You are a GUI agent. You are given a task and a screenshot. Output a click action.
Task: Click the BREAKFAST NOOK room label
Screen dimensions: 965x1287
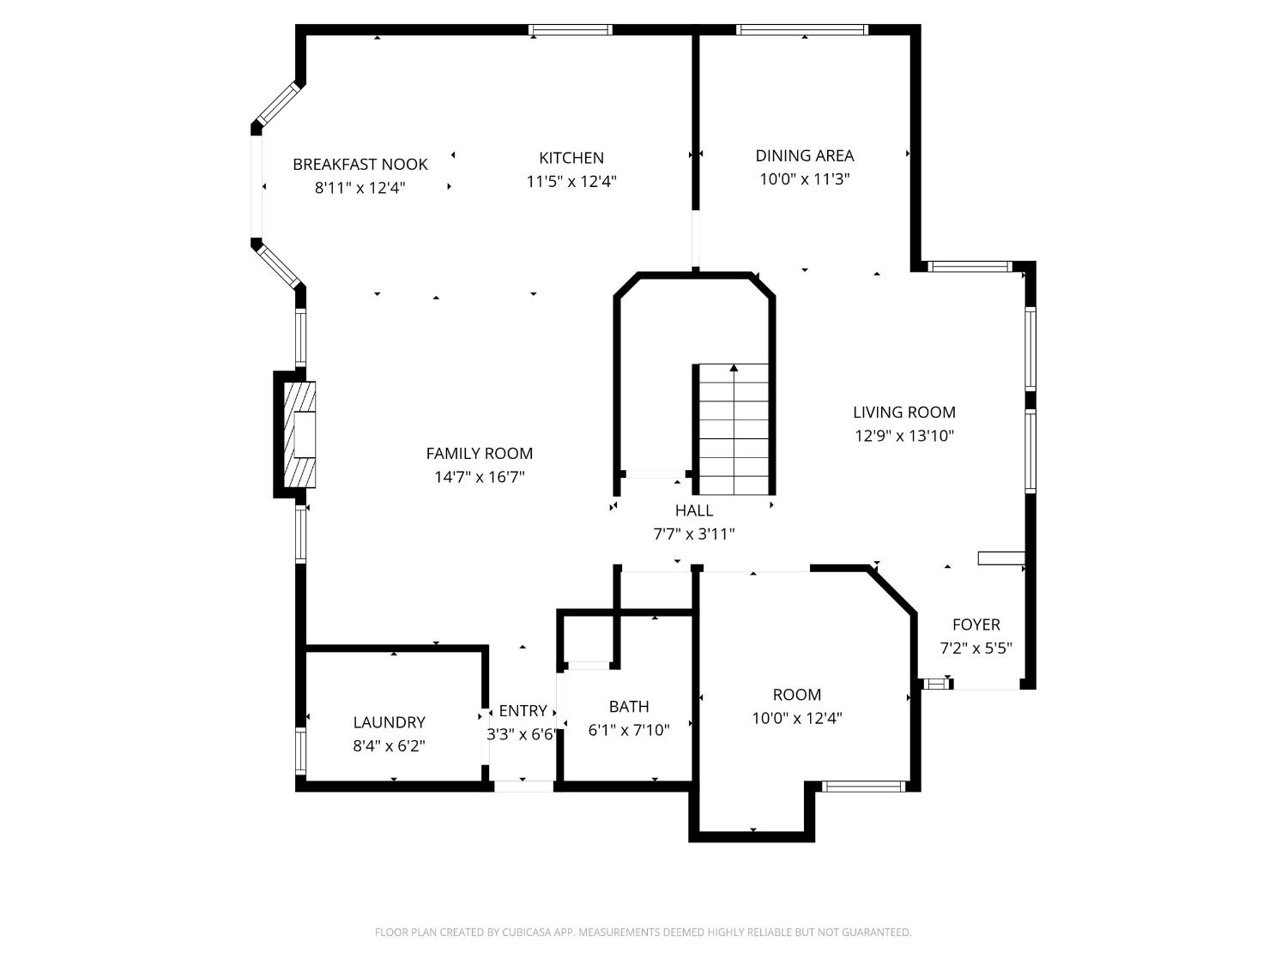point(360,165)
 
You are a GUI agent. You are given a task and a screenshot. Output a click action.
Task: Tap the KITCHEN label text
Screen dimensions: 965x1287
point(571,158)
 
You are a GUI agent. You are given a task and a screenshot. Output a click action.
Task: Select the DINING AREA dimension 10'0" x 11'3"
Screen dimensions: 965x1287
point(804,179)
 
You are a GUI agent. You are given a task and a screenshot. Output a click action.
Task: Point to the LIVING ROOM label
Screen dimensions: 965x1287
point(903,413)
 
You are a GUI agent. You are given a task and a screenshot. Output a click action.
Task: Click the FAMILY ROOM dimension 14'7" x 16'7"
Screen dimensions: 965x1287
point(479,477)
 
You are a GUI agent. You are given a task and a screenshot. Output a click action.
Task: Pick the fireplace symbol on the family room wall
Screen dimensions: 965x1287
point(299,435)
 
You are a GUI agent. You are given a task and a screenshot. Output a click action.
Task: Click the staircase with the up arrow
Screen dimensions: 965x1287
point(734,429)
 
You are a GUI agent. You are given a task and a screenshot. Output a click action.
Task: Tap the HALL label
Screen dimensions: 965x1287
point(693,511)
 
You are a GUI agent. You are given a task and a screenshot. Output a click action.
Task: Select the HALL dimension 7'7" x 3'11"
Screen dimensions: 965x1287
point(693,534)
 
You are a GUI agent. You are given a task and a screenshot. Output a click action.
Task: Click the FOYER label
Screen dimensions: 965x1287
point(976,625)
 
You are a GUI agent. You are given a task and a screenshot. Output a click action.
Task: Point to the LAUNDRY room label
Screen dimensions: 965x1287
point(389,723)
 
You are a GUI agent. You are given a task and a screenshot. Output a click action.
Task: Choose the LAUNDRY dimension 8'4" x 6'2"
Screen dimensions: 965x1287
point(389,746)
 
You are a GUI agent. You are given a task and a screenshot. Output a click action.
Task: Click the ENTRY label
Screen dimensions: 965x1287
point(523,711)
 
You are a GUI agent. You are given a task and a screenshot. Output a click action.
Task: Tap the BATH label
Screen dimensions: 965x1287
point(629,707)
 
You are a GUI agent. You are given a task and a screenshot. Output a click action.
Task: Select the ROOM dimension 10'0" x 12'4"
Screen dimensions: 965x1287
point(796,719)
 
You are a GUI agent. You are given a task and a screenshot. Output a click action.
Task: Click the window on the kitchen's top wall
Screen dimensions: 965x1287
point(571,30)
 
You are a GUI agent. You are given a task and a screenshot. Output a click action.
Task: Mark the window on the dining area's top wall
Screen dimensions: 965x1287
point(802,30)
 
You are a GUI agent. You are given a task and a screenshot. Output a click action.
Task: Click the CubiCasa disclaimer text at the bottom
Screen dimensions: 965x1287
point(643,932)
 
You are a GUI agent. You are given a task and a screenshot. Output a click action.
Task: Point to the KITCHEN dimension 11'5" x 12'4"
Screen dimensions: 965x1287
point(571,182)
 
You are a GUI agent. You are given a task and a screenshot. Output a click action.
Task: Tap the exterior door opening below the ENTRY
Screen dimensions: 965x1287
point(524,786)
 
